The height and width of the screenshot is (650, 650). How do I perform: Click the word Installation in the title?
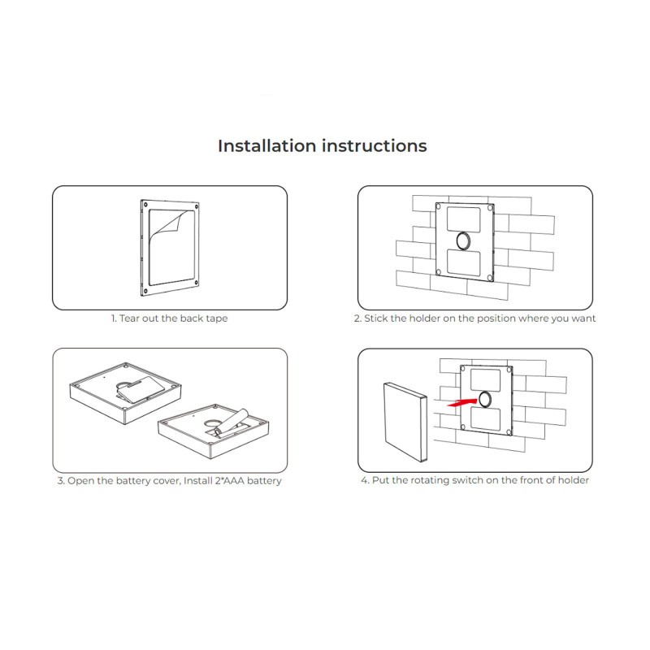(x=267, y=146)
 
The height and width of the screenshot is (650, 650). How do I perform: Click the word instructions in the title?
(x=375, y=146)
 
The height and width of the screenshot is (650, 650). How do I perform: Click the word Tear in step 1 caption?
(x=129, y=318)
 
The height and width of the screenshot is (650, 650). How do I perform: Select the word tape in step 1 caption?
(x=216, y=318)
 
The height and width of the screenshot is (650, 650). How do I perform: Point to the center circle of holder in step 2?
(x=463, y=240)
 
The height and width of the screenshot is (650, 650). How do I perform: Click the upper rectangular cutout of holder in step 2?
(x=463, y=219)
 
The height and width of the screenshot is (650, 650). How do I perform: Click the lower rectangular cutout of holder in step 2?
(x=464, y=262)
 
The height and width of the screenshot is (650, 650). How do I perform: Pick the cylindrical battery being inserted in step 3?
(x=232, y=422)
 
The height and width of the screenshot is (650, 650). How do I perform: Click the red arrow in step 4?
(x=462, y=402)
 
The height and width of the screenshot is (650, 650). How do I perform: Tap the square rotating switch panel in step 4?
(x=405, y=422)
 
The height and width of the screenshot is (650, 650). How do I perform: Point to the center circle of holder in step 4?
(x=484, y=399)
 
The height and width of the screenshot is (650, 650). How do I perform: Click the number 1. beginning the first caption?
(x=114, y=318)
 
